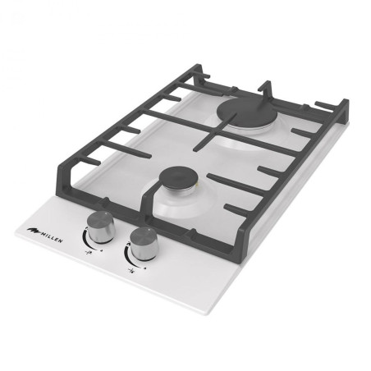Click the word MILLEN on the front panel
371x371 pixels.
52,238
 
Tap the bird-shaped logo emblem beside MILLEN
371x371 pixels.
34,231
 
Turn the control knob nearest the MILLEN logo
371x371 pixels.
101,227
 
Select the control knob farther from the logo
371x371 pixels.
144,244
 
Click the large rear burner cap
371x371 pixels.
245,112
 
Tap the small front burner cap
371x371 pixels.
179,177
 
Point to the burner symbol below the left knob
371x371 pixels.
89,252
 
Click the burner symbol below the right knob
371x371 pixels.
132,271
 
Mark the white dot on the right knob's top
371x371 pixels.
148,231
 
